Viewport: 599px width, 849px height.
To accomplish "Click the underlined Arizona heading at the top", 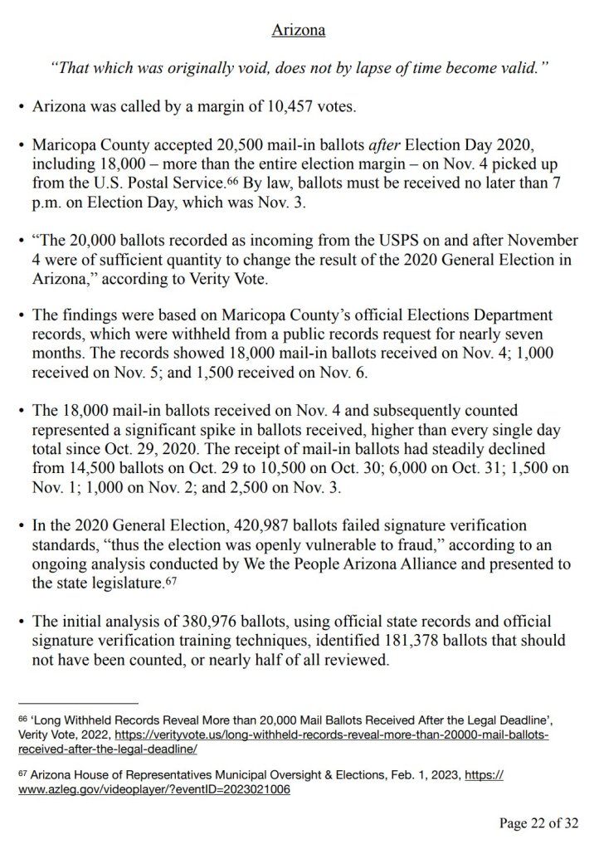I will pos(299,31).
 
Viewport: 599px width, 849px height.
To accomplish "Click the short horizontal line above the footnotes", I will pos(79,702).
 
